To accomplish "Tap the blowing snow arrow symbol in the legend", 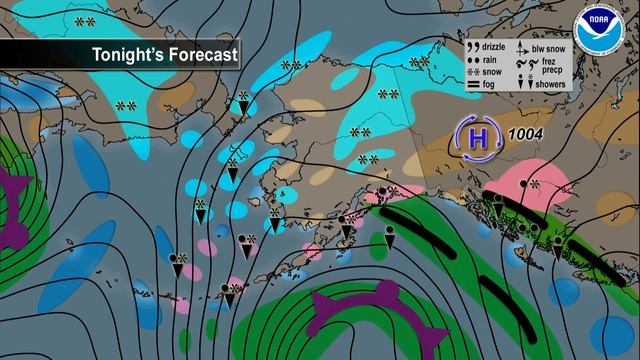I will (x=522, y=47).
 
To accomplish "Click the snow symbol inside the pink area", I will (x=534, y=183).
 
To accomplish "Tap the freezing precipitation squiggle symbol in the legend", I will (x=522, y=65).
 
